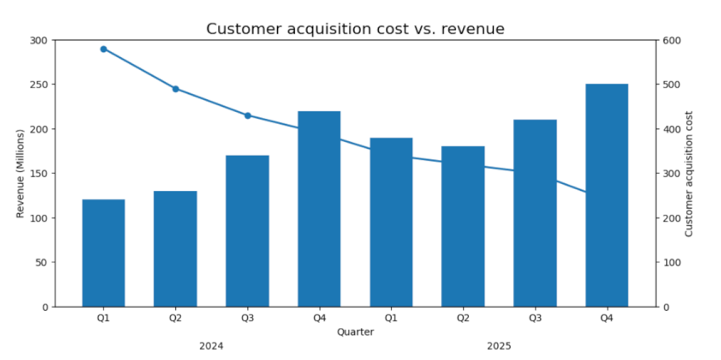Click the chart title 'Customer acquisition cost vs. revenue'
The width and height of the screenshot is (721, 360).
[x=355, y=28]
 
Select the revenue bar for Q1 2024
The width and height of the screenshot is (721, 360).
[x=103, y=253]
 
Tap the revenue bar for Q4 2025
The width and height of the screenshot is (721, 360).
[x=607, y=195]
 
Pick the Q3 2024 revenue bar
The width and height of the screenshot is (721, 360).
[x=247, y=231]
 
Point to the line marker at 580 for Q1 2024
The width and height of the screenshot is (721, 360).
[x=103, y=49]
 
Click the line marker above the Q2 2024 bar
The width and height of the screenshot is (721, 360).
[x=175, y=89]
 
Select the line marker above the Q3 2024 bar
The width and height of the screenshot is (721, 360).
[x=247, y=115]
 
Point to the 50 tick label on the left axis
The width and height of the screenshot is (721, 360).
[x=43, y=263]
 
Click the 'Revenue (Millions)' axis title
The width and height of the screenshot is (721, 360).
[x=20, y=174]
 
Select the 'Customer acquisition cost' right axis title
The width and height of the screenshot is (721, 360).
[x=689, y=174]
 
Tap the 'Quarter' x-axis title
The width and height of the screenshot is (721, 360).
[x=355, y=332]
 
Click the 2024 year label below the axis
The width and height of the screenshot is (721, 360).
[x=211, y=346]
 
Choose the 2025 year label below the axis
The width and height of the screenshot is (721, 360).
[x=499, y=346]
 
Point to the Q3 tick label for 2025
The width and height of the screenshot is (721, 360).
[x=535, y=318]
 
